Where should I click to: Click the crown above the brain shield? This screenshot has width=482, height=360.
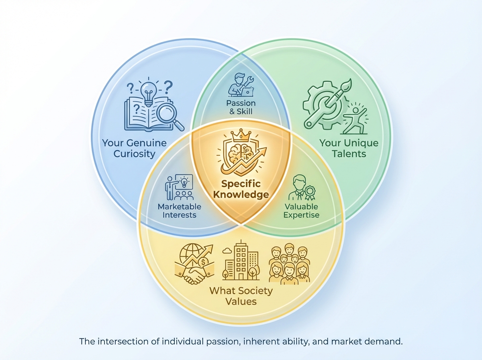pyautogui.click(x=241, y=135)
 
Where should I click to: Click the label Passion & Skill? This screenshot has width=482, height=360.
pyautogui.click(x=241, y=107)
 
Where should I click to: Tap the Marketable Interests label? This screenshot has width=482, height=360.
pyautogui.click(x=179, y=211)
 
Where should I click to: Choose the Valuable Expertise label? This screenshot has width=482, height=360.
pyautogui.click(x=301, y=211)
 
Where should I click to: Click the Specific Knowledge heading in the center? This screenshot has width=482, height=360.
pyautogui.click(x=241, y=189)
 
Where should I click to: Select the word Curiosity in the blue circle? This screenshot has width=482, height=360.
pyautogui.click(x=135, y=153)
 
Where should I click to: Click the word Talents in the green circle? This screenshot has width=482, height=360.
pyautogui.click(x=349, y=153)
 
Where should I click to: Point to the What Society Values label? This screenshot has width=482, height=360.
pyautogui.click(x=241, y=296)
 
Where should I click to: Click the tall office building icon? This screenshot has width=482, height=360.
pyautogui.click(x=241, y=260)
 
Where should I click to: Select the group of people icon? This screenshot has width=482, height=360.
pyautogui.click(x=289, y=264)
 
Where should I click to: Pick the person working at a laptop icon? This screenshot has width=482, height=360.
pyautogui.click(x=241, y=85)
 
